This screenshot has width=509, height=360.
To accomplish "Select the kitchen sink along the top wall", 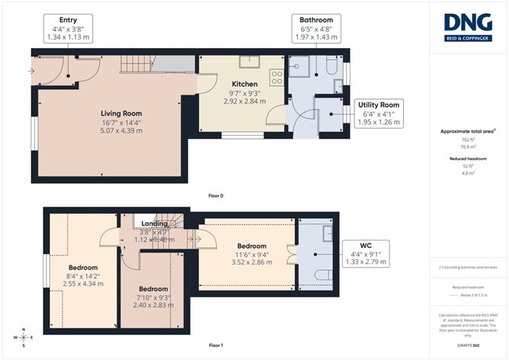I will (x=248, y=63).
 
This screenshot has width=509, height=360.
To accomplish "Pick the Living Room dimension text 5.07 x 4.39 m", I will (x=112, y=130).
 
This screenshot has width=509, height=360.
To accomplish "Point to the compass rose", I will (x=24, y=336).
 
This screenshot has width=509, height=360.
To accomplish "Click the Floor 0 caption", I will (x=216, y=196).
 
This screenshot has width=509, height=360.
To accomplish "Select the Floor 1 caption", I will (x=216, y=345).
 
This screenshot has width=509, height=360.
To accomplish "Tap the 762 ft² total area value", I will (x=466, y=140).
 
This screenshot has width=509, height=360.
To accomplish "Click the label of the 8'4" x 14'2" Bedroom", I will (x=82, y=268).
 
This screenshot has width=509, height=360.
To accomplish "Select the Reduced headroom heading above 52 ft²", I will (x=466, y=157).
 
